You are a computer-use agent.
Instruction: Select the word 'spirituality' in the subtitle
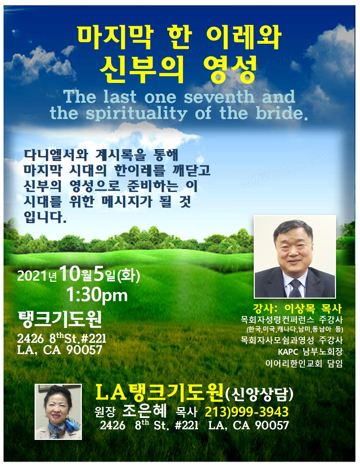click(x=137, y=114)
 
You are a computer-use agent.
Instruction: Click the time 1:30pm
click(x=97, y=295)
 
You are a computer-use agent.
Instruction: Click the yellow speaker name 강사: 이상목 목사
click(x=298, y=309)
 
